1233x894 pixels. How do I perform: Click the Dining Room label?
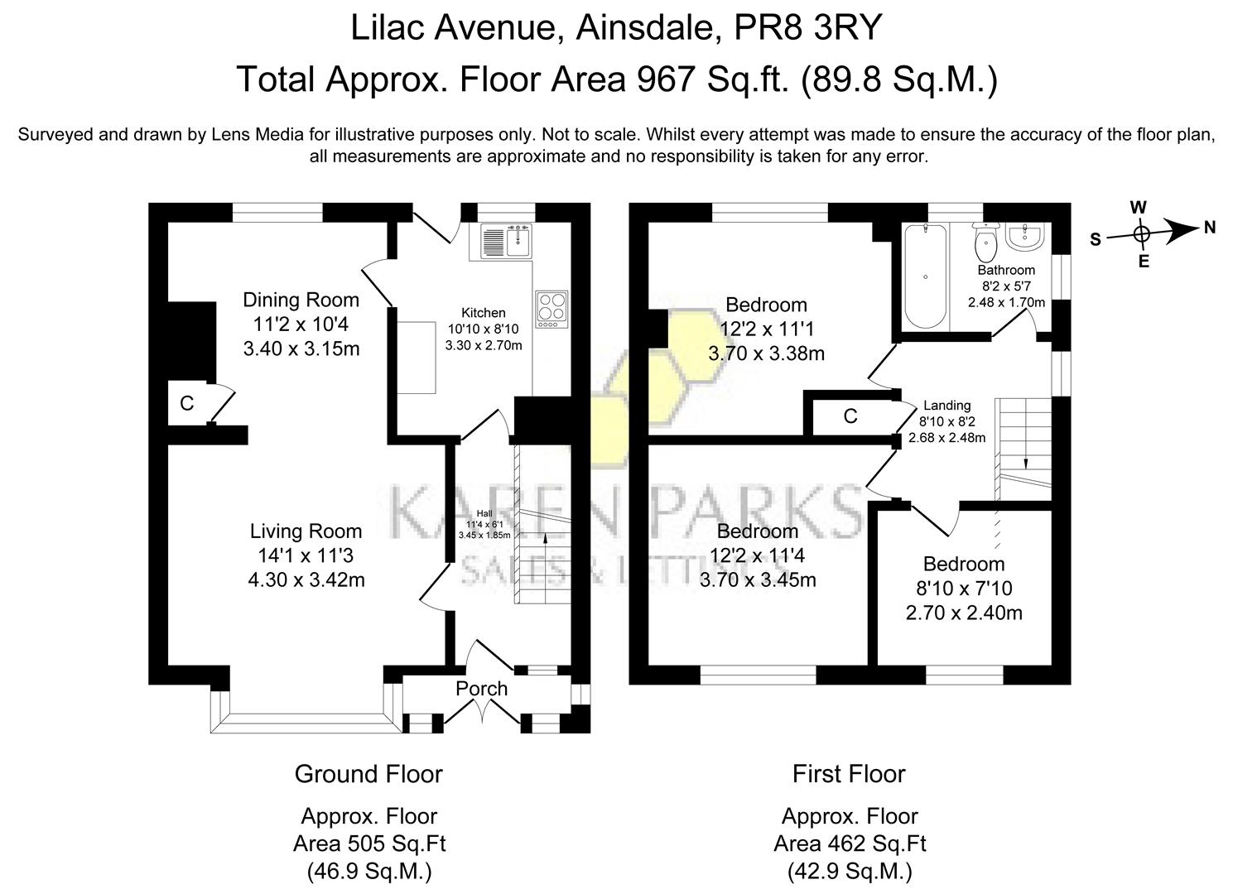(x=301, y=300)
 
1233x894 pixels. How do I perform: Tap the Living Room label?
(x=306, y=531)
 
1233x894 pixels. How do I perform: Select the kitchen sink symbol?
(x=505, y=240)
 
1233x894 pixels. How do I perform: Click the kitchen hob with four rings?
(x=551, y=308)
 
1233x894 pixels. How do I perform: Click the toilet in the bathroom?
(x=985, y=243)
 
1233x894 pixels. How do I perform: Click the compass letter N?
(x=1210, y=228)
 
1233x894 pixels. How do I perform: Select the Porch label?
(x=481, y=689)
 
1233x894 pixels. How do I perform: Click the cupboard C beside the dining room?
(x=187, y=403)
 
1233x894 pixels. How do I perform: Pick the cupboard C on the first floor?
(x=850, y=416)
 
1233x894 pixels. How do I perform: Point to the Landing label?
(x=946, y=406)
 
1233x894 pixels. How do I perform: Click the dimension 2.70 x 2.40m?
(x=964, y=613)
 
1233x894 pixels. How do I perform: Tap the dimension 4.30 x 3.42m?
(x=306, y=580)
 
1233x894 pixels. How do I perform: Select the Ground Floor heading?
(x=368, y=774)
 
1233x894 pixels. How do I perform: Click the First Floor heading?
(x=849, y=774)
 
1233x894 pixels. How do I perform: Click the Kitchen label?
(x=484, y=313)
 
